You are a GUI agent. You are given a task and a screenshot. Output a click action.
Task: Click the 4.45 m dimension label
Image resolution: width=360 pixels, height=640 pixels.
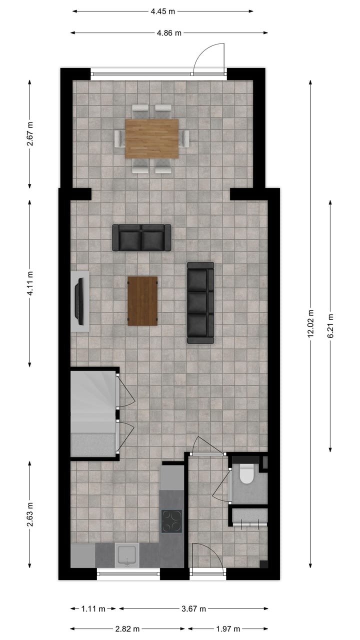coord(162,11)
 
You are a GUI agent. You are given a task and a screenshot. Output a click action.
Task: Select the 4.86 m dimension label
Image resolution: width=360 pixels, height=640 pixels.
coord(169,33)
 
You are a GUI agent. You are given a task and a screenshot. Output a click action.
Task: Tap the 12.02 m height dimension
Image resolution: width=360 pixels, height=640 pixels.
coord(310,323)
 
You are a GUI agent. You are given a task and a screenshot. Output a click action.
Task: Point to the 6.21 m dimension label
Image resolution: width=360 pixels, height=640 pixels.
coord(330,326)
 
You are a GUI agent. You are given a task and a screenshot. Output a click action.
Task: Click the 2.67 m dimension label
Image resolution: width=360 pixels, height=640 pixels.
coord(30,134)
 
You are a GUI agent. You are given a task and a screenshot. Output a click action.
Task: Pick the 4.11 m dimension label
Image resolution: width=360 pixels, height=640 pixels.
coord(30,282)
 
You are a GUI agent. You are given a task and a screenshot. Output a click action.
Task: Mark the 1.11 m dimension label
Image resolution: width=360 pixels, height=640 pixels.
coord(93,608)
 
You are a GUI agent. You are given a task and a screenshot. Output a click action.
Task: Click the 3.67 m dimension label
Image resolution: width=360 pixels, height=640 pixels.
coord(193,608)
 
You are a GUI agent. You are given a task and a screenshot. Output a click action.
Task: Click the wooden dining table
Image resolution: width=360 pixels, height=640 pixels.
coord(151,138)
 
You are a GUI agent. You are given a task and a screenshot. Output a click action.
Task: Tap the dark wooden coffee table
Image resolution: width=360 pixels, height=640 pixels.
coord(142,301)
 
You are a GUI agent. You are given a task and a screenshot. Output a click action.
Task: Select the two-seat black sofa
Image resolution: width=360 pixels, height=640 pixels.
coord(141,237)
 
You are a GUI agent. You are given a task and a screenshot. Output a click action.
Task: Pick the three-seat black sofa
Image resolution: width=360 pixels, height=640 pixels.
coord(200,303)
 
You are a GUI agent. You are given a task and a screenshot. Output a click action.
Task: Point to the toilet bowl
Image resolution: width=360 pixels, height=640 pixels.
coord(247,474)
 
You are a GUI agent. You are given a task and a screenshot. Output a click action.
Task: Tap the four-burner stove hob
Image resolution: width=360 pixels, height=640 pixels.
coord(171,521)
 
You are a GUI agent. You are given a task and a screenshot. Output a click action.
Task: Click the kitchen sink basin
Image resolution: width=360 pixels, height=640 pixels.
coord(127,555)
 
